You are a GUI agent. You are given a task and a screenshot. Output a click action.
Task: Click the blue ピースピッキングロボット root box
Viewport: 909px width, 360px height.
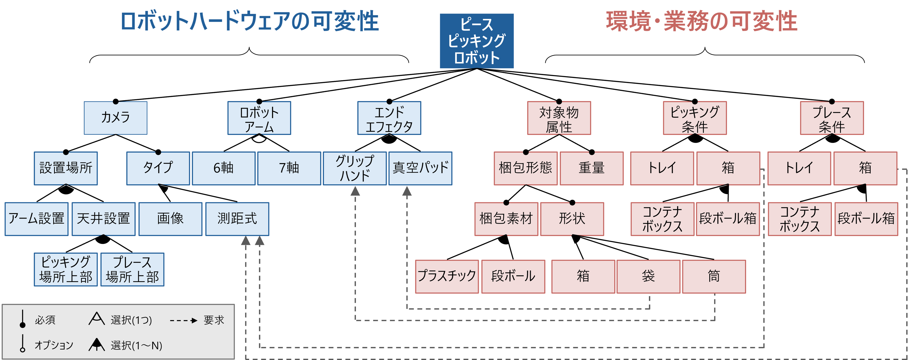[x=476, y=41]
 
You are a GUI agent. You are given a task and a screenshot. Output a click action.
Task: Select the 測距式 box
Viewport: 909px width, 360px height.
[x=237, y=219]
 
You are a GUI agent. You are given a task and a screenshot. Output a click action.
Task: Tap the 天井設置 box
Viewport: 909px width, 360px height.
[x=103, y=219]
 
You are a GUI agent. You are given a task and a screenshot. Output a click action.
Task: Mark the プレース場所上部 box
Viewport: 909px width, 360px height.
[x=132, y=270]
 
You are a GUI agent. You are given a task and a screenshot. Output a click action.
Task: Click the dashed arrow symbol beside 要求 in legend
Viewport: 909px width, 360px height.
[x=183, y=320]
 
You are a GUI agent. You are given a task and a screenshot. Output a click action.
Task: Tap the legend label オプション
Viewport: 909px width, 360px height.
[x=54, y=345]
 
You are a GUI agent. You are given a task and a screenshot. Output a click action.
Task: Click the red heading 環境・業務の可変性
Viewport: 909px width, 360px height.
[x=702, y=21]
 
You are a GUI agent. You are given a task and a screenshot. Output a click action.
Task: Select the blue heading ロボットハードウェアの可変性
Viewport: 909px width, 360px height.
[x=250, y=21]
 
